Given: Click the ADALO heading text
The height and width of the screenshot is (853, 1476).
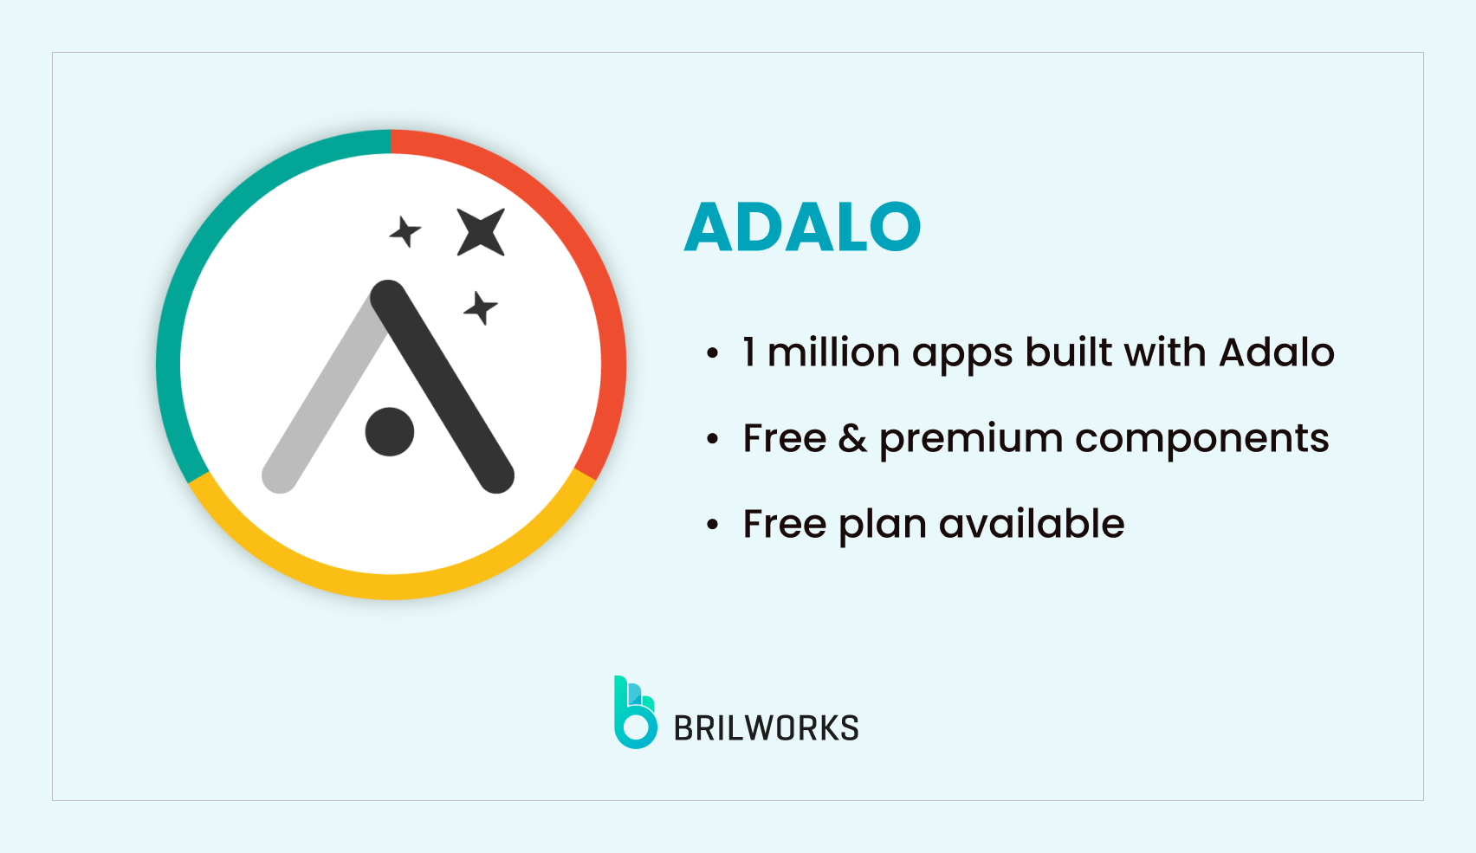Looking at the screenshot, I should [802, 227].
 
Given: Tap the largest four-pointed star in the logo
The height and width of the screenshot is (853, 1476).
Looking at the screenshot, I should [481, 232].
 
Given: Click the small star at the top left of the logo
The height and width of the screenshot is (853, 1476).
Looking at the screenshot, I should [405, 232].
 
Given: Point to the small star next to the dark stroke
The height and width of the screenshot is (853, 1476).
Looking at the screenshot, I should [480, 308].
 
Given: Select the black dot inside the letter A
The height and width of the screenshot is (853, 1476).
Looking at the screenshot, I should [390, 431].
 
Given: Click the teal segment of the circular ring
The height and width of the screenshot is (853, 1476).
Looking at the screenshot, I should [199, 260].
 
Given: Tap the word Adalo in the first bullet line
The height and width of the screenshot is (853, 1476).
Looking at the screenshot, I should [1276, 352].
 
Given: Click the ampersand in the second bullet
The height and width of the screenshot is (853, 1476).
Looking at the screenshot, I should [852, 438].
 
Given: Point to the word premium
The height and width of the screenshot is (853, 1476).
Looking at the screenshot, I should [970, 439].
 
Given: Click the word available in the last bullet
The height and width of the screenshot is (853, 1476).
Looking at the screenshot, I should [1031, 524].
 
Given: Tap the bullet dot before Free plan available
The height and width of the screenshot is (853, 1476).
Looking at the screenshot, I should [712, 525].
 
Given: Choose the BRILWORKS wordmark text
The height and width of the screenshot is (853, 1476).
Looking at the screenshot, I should [766, 728].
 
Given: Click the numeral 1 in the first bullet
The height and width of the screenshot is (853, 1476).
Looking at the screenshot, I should [749, 352].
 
